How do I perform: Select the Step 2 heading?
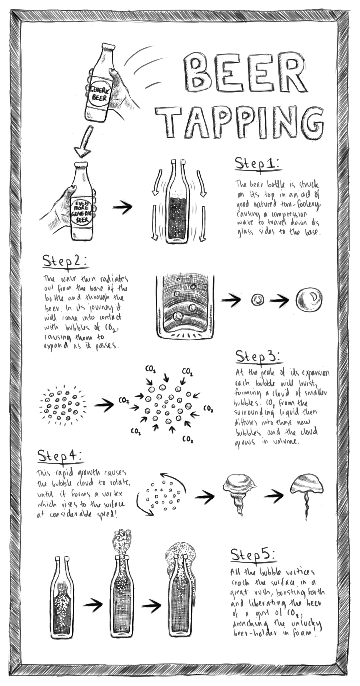[x=65, y=261]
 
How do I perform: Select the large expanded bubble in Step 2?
[x=309, y=299]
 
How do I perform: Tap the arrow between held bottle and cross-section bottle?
[x=122, y=207]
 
